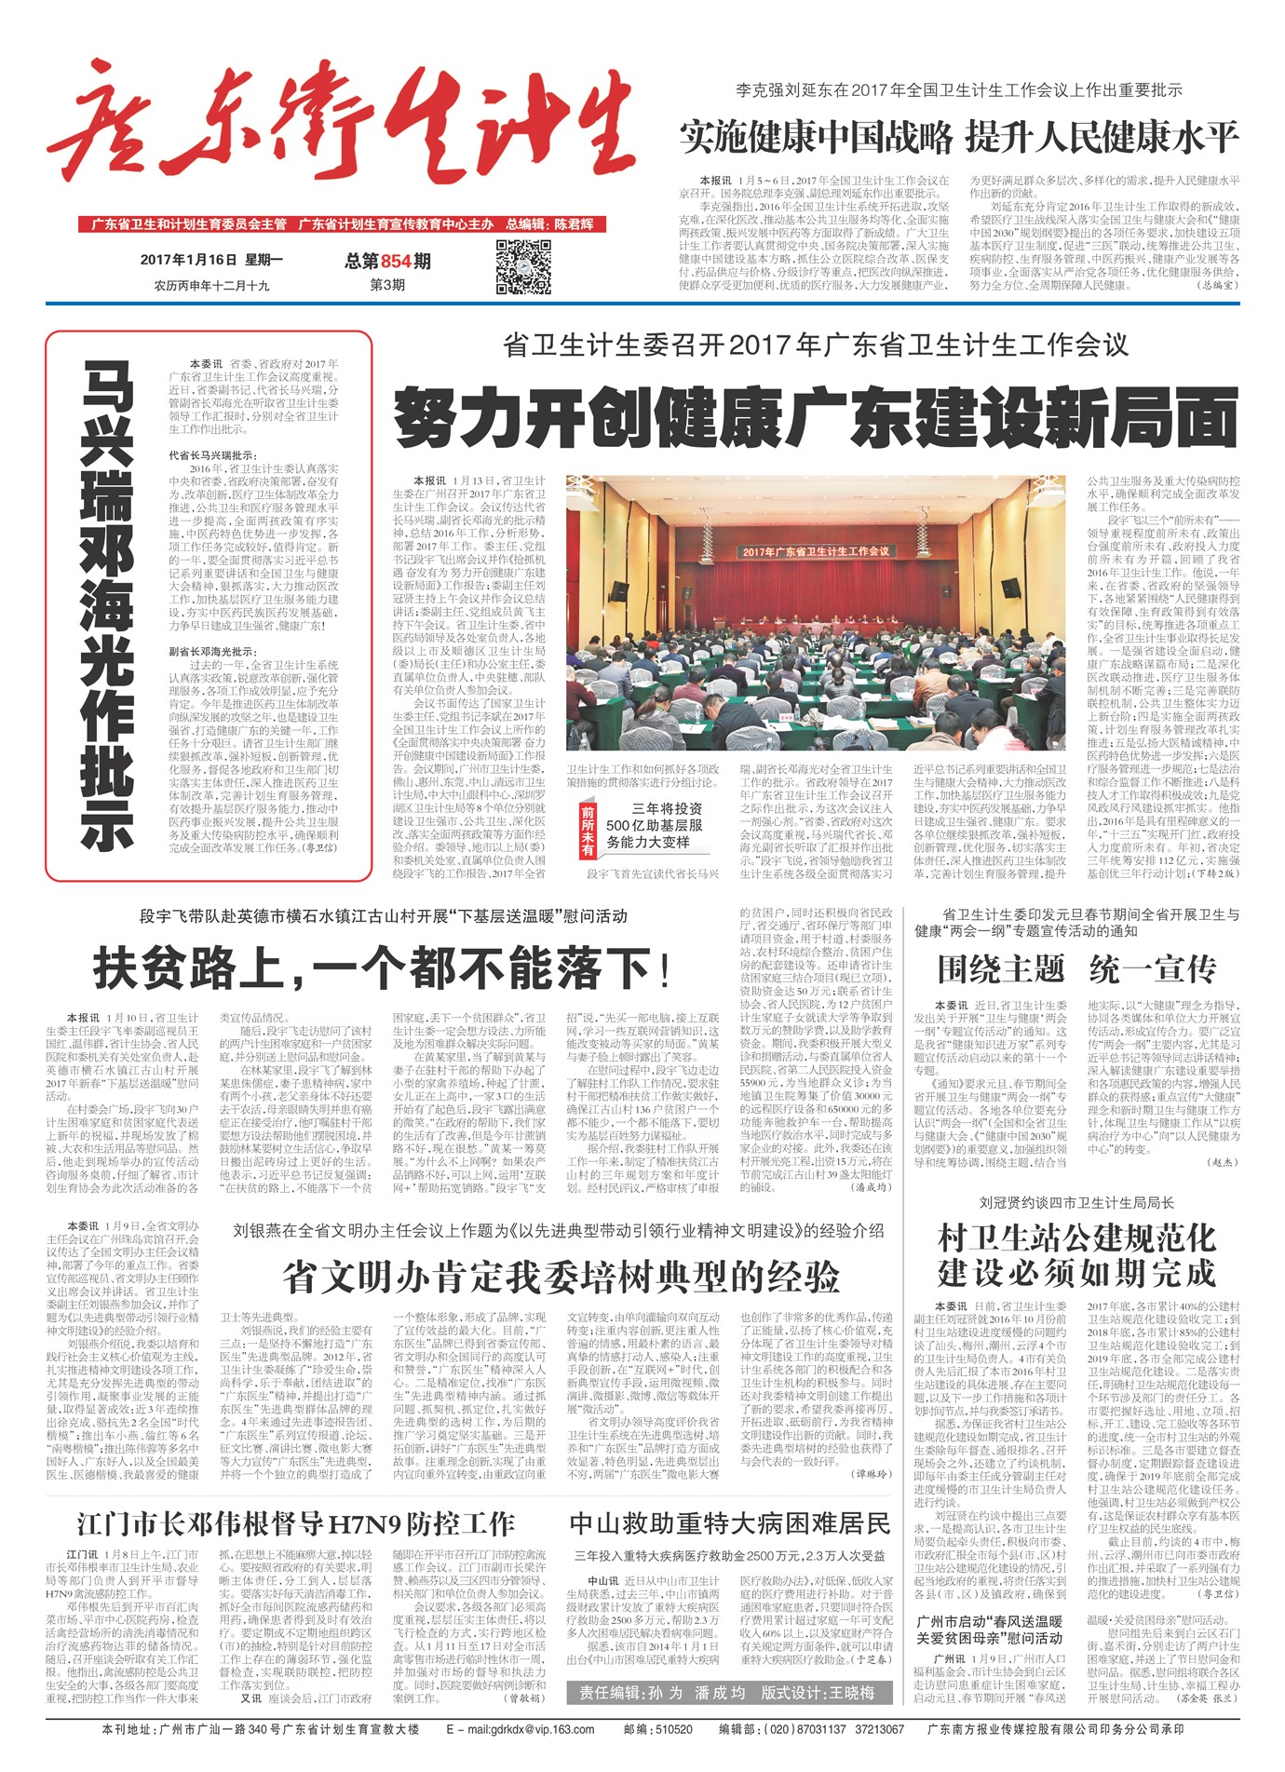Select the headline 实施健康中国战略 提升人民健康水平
click(958, 138)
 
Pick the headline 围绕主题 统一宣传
click(1076, 969)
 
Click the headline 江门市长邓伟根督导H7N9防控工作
click(295, 1523)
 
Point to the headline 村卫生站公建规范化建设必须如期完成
click(1076, 1254)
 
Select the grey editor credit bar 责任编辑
click(726, 1693)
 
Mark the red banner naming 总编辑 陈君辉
click(343, 224)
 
